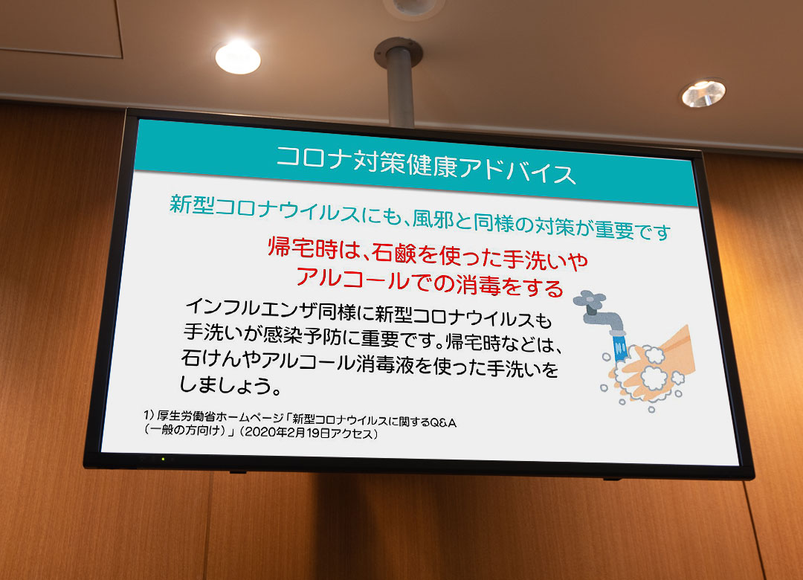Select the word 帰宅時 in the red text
pos(303,248)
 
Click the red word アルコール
pos(353,278)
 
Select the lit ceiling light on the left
pos(238,57)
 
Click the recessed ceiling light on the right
pos(703,93)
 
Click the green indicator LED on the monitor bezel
pos(163,459)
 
